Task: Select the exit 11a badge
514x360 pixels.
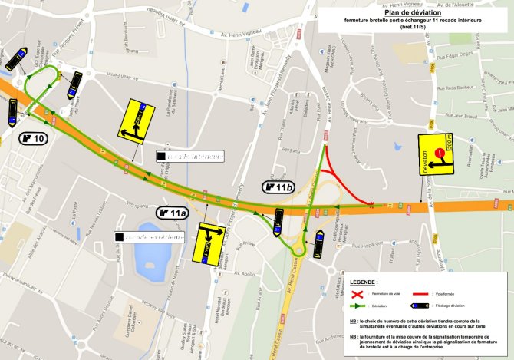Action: [173, 213]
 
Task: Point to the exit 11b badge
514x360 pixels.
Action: [280, 187]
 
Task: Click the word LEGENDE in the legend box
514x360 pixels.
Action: [363, 282]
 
